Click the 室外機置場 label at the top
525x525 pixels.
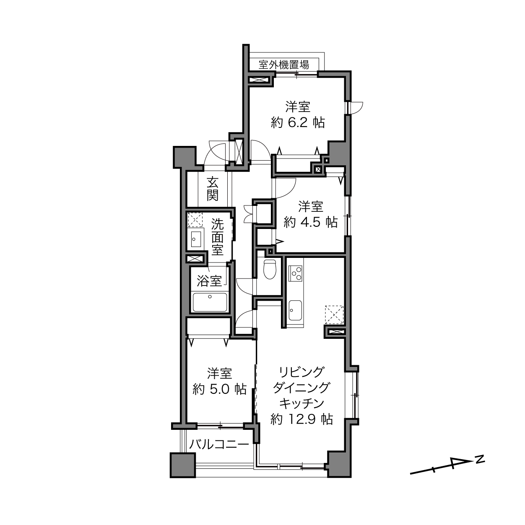point(283,65)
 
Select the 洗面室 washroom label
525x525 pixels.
point(217,237)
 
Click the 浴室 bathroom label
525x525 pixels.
point(209,281)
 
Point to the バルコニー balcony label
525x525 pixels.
point(219,444)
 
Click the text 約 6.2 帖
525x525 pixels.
point(298,123)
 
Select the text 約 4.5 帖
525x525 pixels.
point(311,223)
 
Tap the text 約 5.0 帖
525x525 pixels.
point(220,389)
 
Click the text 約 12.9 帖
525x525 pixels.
point(302,419)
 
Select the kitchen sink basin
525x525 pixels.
point(295,310)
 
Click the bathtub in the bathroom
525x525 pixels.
point(210,302)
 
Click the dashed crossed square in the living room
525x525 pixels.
point(334,314)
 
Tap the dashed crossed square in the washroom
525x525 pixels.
point(195,220)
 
